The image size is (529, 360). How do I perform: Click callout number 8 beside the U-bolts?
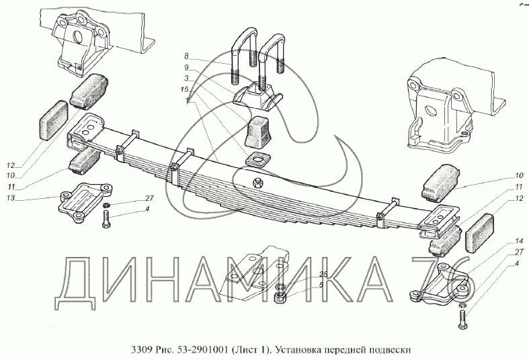187,56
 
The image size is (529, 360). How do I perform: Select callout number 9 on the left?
187,67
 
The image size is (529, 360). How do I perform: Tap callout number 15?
184,89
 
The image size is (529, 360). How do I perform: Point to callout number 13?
11,198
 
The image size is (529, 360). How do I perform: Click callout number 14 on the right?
519,241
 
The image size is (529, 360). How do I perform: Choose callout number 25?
323,275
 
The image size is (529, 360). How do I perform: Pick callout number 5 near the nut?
321,285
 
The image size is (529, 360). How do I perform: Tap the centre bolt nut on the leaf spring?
257,183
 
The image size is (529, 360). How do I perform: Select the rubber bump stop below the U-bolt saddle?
259,132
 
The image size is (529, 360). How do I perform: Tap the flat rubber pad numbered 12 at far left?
53,120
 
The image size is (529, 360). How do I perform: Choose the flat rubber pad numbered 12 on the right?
479,232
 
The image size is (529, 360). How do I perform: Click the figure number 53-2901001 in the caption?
202,350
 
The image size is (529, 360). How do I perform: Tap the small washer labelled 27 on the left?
106,204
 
